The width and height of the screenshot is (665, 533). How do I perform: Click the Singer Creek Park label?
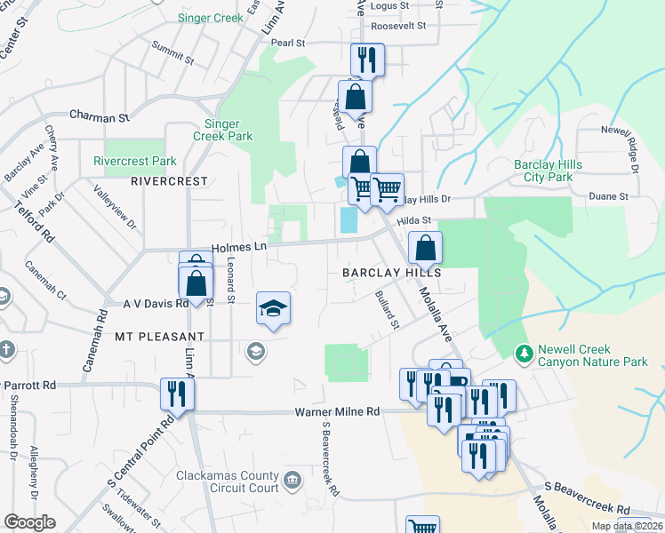(222, 130)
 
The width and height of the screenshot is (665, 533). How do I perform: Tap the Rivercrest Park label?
(134, 162)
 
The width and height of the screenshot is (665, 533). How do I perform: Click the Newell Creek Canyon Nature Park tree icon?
(525, 354)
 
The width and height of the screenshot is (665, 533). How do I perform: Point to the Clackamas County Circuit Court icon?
(292, 481)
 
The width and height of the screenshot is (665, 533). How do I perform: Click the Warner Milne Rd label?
(337, 412)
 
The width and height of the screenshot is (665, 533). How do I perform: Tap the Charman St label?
(100, 116)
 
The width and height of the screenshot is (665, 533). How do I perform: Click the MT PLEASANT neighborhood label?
(159, 338)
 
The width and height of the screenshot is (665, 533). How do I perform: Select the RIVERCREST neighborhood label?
(169, 181)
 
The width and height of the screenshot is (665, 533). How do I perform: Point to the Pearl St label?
(288, 43)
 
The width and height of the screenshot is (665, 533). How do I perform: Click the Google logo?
(30, 522)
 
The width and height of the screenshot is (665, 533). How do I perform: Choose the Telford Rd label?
(35, 222)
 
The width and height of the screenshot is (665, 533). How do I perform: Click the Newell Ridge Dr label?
(620, 147)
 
